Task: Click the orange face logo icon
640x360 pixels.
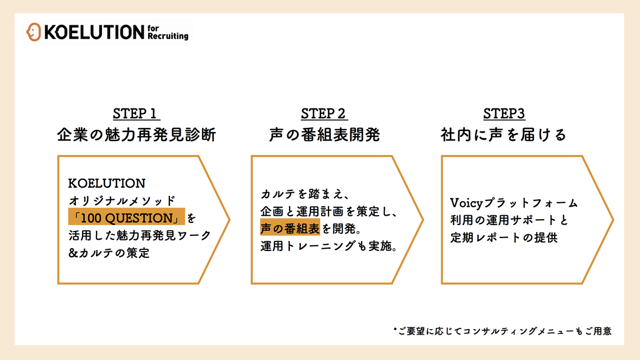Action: pos(33,32)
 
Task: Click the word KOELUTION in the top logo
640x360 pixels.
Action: pos(94,33)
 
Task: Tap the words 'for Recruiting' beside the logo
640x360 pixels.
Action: pos(168,33)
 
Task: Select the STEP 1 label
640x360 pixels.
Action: pos(136,113)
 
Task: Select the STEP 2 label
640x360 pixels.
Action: pos(324,113)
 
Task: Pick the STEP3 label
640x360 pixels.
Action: pos(504,113)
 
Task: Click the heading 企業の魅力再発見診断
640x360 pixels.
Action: pos(136,135)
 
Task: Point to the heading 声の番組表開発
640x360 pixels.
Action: pos(324,135)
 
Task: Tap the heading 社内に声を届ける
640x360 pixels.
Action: pos(504,135)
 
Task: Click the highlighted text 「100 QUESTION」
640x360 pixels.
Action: pos(126,217)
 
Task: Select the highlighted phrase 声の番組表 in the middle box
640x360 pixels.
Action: pos(290,229)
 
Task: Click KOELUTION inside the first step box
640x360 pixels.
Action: pos(107,183)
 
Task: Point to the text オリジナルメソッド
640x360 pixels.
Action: pos(122,200)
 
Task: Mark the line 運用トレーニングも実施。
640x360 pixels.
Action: pos(330,246)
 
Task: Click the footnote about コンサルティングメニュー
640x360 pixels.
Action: pos(502,331)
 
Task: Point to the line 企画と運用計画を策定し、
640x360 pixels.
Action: pos(330,212)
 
